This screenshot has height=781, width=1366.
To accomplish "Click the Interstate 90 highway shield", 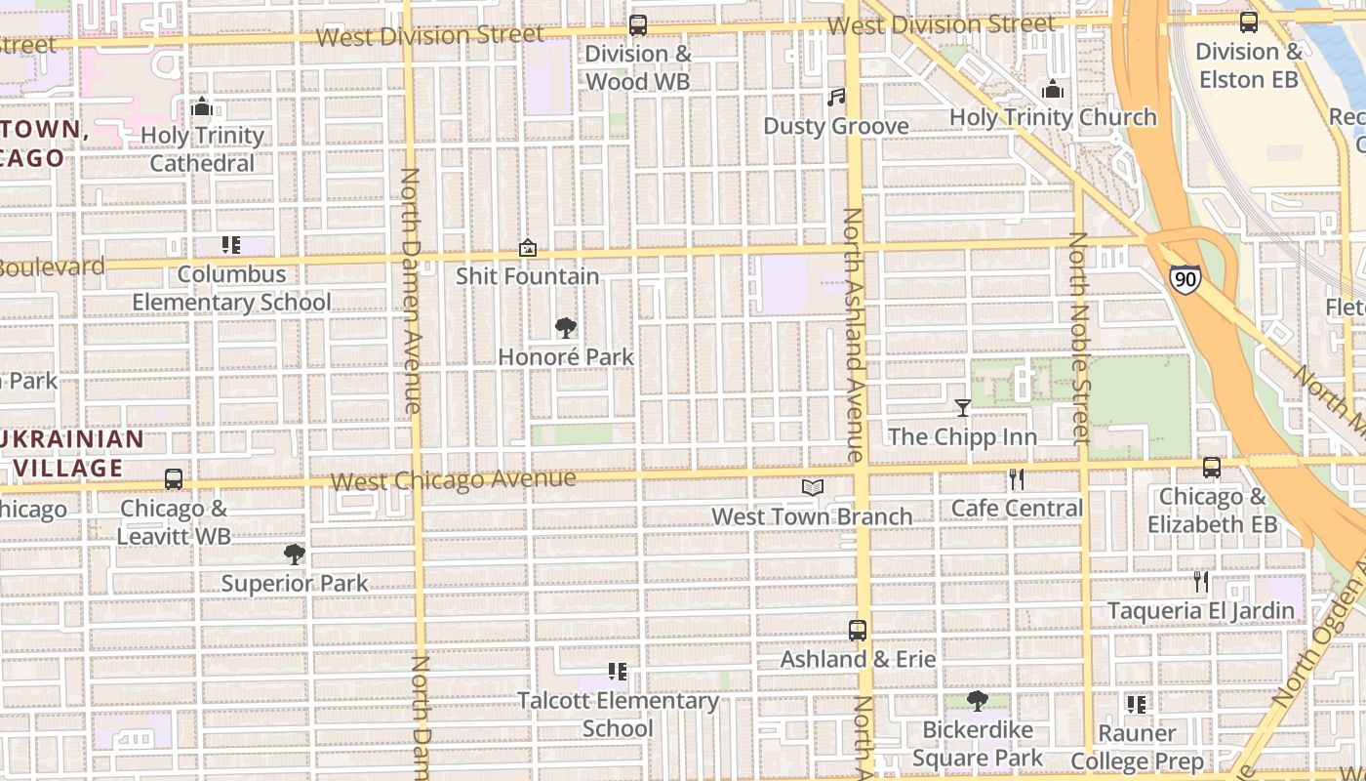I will point(1185,279).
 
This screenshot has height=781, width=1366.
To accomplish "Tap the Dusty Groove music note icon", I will point(836,97).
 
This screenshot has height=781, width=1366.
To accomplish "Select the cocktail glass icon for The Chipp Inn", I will point(963,407).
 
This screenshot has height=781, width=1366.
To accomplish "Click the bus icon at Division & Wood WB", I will point(638,25).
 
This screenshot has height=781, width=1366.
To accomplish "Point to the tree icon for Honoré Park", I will point(565,328).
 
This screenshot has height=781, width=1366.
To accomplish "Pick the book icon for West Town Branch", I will point(812,487).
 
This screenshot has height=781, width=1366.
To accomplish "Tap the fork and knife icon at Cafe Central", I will point(1017,478).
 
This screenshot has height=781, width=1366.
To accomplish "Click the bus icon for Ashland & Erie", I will point(858,631).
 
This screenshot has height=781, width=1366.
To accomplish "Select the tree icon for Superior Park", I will point(294,555).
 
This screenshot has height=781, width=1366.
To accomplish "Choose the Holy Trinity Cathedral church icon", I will point(202,106).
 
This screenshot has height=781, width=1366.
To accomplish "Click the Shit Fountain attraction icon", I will point(528,248).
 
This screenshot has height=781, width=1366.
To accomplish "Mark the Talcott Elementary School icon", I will point(617,672).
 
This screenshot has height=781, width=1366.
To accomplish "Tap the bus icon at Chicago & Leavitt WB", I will point(174,479).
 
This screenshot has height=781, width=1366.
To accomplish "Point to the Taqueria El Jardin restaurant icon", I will point(1200,582).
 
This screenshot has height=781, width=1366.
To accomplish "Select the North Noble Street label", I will point(1079,338).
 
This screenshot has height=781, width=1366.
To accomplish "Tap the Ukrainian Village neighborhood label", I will point(73,454).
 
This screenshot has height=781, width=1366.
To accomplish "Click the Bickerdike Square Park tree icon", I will point(977,701).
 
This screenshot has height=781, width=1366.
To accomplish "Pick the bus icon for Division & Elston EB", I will point(1249,22).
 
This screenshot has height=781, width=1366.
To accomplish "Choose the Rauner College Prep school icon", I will point(1136,704).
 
